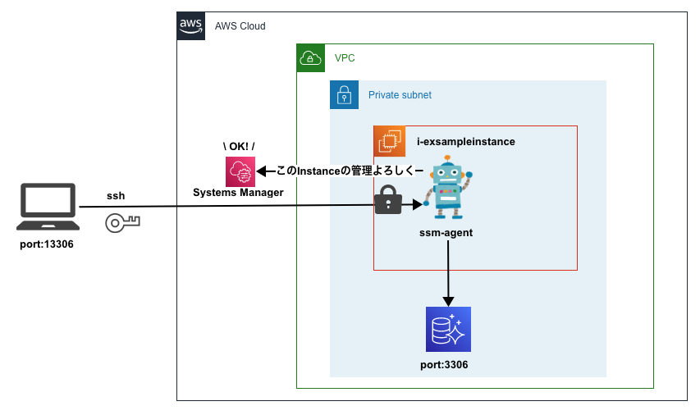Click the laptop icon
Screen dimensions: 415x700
[48, 207]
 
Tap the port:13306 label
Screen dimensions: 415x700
[47, 244]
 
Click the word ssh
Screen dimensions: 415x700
[116, 197]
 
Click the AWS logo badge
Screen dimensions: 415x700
[190, 26]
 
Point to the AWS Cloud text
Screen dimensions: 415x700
[240, 26]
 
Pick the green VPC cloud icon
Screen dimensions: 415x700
[310, 57]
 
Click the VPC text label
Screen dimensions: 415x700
[345, 58]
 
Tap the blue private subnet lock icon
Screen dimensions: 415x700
[344, 94]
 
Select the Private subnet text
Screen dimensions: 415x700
[400, 95]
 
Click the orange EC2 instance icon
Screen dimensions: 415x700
[389, 141]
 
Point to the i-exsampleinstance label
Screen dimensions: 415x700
[465, 141]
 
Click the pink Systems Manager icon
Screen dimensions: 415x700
[240, 171]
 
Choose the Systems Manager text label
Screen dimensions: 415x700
[238, 193]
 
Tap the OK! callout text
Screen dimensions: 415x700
[239, 146]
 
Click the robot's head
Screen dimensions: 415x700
[447, 174]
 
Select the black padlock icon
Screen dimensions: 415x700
[387, 200]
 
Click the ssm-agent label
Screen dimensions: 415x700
[446, 233]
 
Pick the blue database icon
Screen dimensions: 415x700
[448, 329]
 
